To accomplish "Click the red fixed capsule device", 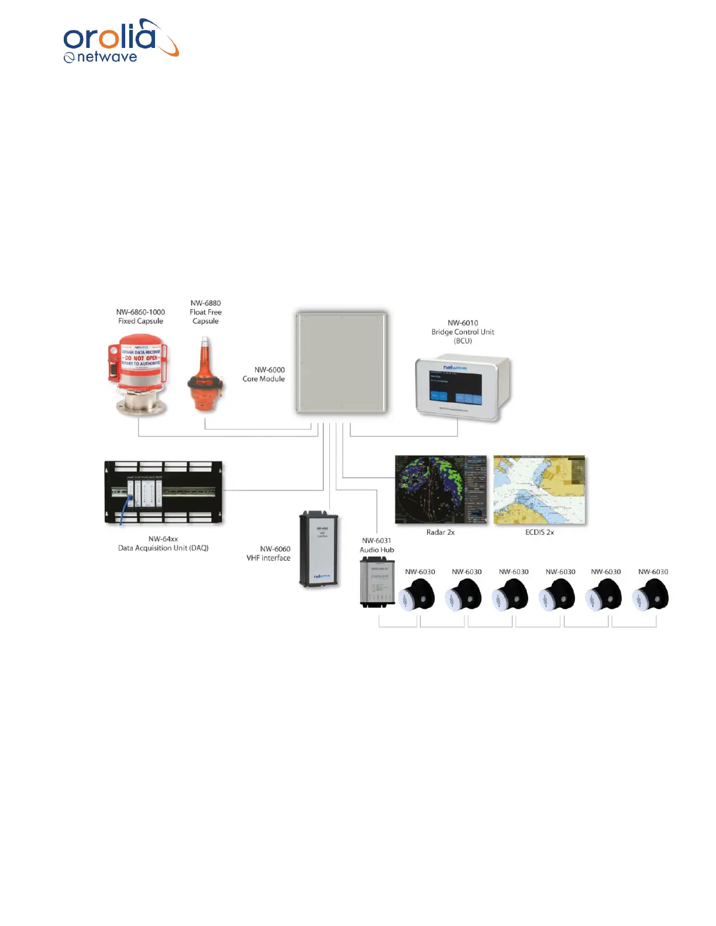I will coord(139,374).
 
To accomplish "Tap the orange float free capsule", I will coord(205,377).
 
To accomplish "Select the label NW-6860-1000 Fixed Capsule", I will coord(140,316).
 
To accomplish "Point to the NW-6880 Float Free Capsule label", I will coord(205,312).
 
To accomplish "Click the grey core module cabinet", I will coord(341,362).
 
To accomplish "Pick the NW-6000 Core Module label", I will coord(264,374).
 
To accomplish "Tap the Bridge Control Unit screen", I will coord(456,386).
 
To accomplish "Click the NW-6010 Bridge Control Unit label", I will coord(463,331).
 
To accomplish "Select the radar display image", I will coord(440,490).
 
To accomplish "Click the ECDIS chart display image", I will coord(539,490).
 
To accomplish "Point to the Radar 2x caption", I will coord(440,532).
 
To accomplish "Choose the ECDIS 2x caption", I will coord(539,532).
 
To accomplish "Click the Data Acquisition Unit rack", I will coord(163,492).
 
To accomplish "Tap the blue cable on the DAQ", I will coord(125,509).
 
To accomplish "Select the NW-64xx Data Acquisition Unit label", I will coord(163,543).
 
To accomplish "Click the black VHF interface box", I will coord(319,550).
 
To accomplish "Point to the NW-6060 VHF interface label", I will coord(268,553).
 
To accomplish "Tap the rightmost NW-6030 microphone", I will coord(650,595).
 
